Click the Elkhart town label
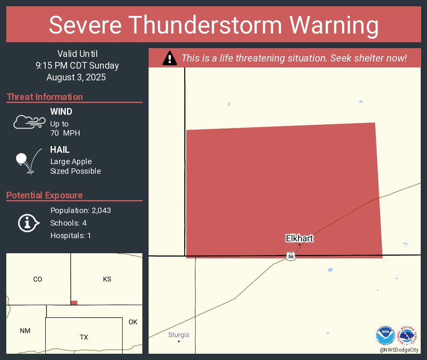(x=299, y=239)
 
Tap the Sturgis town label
(x=179, y=335)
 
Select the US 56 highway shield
(x=291, y=256)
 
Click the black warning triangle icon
(x=170, y=58)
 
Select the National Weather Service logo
(x=408, y=336)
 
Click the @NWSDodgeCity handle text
(x=399, y=350)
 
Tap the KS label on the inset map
(x=107, y=279)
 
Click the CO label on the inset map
(x=38, y=279)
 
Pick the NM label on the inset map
(x=25, y=331)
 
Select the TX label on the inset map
(x=84, y=337)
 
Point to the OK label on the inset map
(x=133, y=322)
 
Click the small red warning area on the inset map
(x=74, y=303)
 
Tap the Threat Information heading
(x=45, y=97)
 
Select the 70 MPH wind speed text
(x=65, y=133)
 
